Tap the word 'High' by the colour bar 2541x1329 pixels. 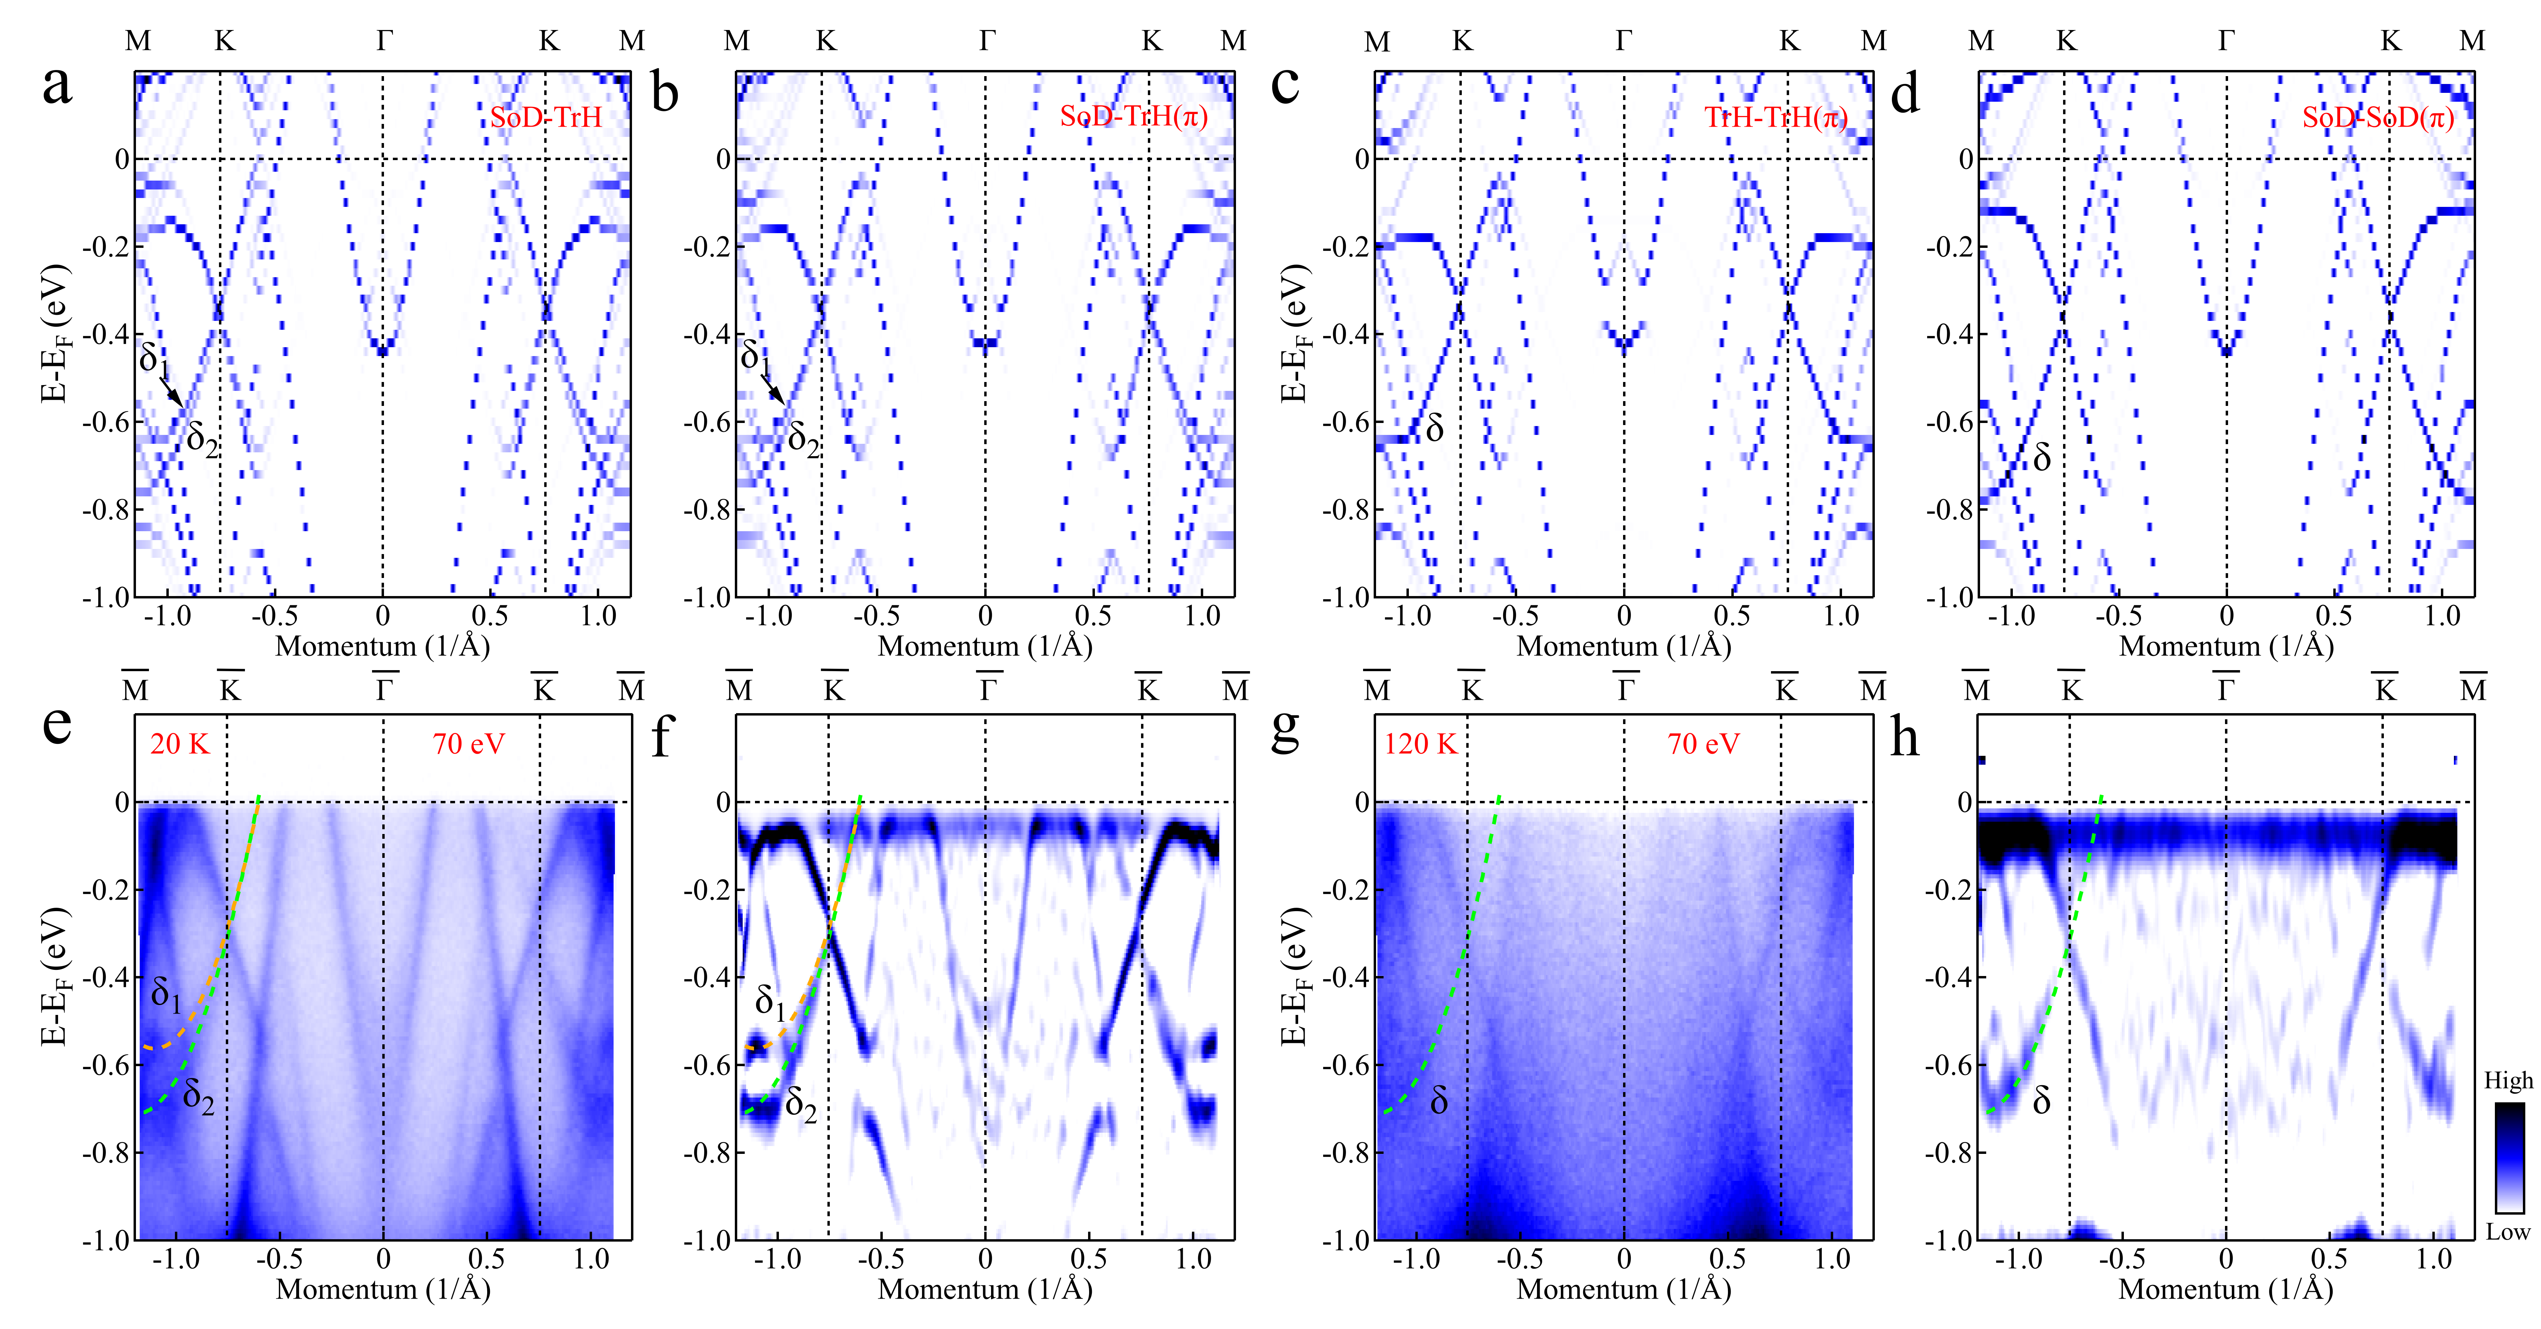tap(2508, 1080)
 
